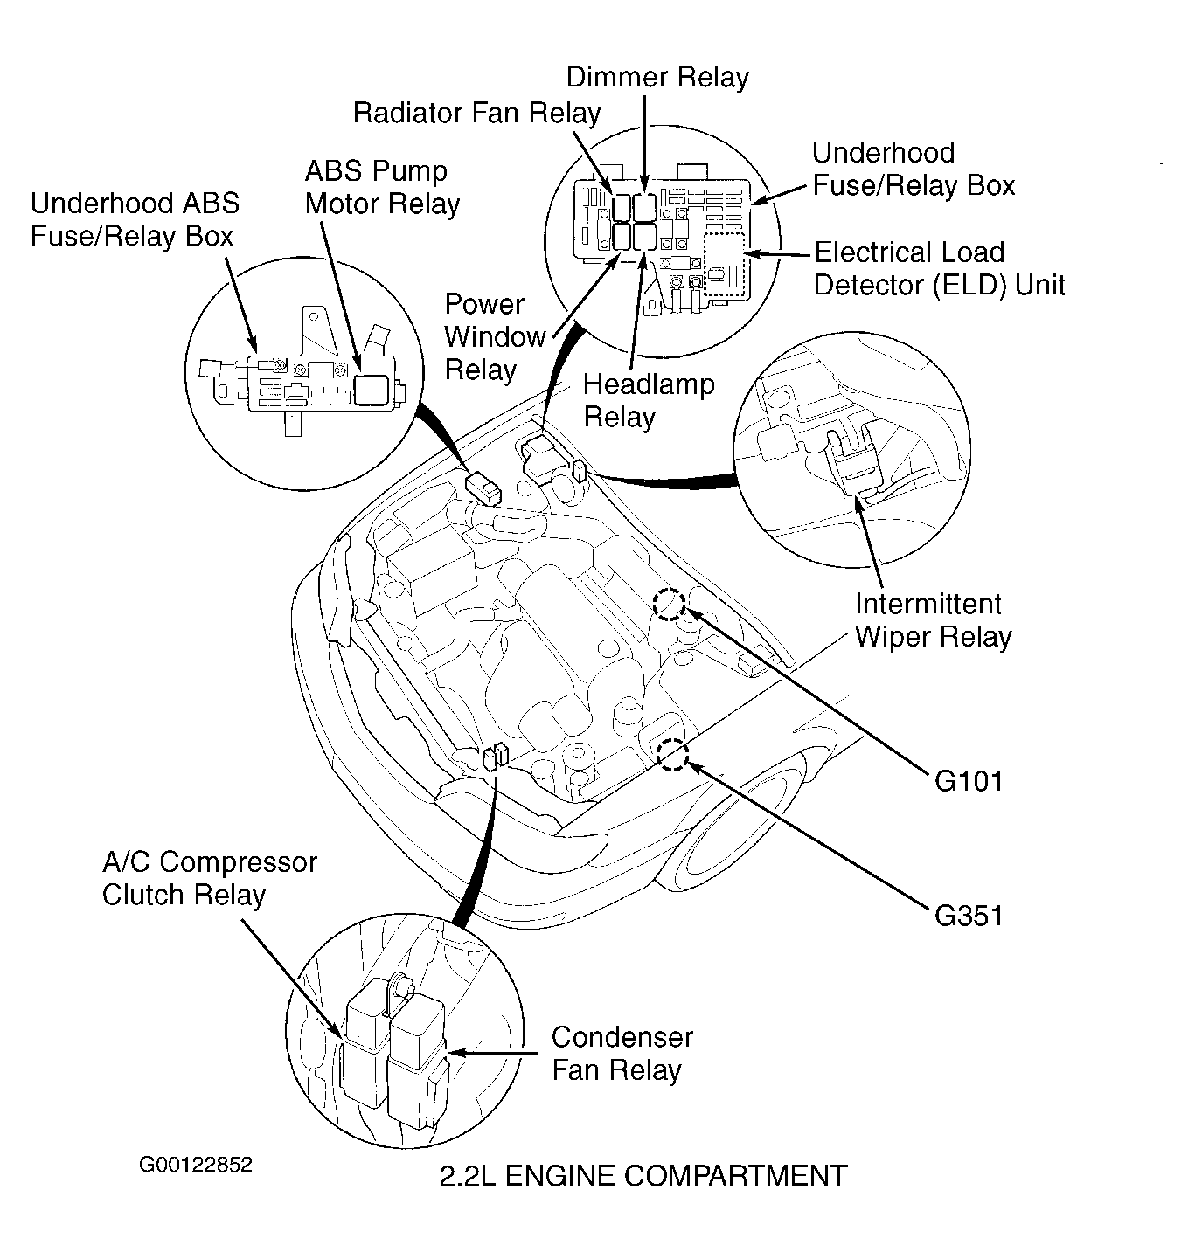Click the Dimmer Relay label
[x=657, y=78]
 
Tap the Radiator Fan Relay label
[x=476, y=114]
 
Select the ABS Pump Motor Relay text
[x=382, y=187]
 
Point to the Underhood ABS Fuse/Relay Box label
[x=134, y=220]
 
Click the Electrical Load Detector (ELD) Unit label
[x=939, y=269]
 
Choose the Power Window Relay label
[x=495, y=337]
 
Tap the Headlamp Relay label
[x=648, y=400]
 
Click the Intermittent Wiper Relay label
[x=932, y=620]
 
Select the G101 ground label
[x=969, y=781]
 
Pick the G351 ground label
[x=969, y=916]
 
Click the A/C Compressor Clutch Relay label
[x=209, y=878]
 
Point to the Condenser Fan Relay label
[x=622, y=1054]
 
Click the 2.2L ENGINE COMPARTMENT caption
[x=643, y=1176]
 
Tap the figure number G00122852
[x=195, y=1165]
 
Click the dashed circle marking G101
[x=670, y=604]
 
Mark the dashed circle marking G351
[x=672, y=756]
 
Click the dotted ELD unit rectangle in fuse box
[x=723, y=266]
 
